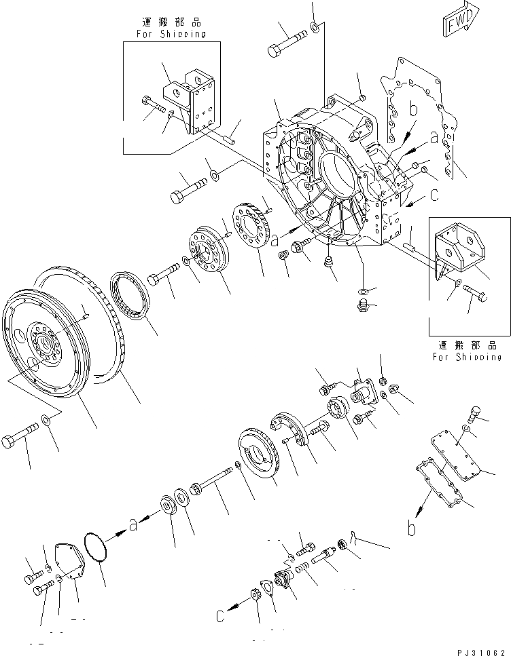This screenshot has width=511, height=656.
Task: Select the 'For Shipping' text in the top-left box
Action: tap(171, 34)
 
